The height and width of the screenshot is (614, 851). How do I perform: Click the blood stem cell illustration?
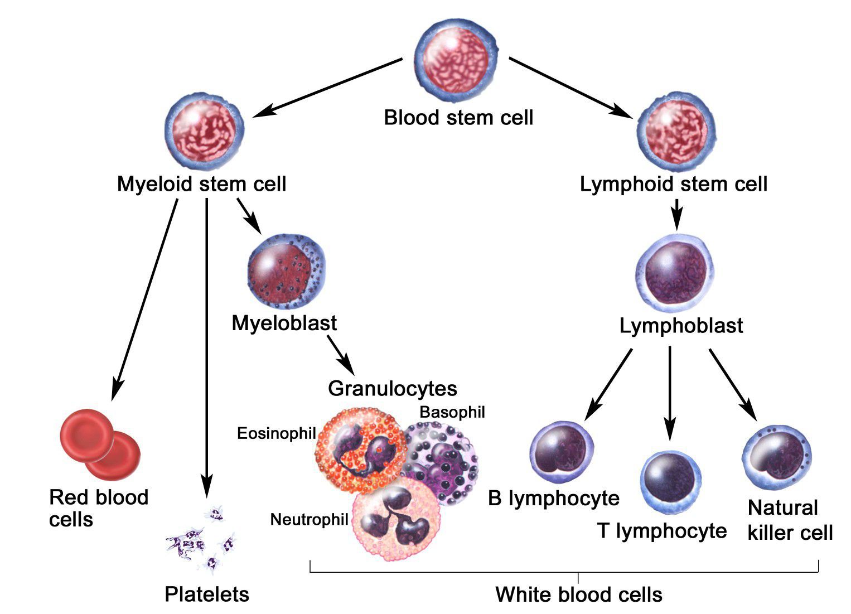pyautogui.click(x=457, y=59)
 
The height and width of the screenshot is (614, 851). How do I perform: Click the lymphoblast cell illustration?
pyautogui.click(x=675, y=273)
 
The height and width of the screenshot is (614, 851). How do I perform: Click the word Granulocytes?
pyautogui.click(x=392, y=388)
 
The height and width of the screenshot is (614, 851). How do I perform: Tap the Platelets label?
pyautogui.click(x=207, y=594)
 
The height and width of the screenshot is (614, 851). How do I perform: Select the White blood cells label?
pyautogui.click(x=578, y=594)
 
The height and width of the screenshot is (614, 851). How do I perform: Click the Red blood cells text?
pyautogui.click(x=98, y=508)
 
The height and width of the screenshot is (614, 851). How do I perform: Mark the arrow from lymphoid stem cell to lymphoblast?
pyautogui.click(x=676, y=214)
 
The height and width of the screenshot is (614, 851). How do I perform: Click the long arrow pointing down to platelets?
pyautogui.click(x=207, y=346)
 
